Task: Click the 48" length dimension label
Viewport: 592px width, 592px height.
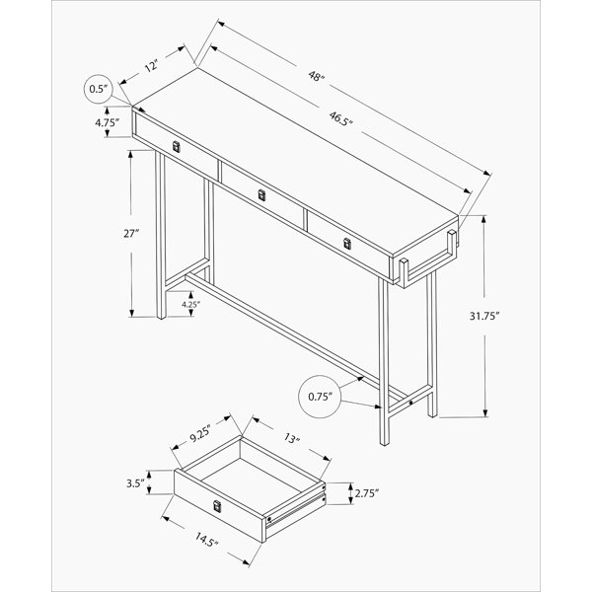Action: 317,77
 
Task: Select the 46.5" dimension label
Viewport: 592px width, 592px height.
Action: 341,118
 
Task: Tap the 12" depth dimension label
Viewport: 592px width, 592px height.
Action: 151,67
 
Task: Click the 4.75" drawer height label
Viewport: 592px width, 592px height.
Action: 107,122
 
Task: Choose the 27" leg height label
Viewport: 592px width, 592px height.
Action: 131,234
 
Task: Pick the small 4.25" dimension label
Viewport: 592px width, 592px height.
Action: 190,304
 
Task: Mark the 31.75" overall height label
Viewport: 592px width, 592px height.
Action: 484,316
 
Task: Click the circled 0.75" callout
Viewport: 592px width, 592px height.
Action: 320,397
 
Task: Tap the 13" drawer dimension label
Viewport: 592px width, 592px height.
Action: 291,439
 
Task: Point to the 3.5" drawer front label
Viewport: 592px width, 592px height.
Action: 135,482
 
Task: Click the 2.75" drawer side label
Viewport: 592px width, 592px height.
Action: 366,493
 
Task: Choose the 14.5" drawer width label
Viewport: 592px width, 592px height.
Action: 206,539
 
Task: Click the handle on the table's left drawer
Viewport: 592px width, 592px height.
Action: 176,147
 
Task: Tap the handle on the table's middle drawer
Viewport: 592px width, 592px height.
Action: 261,195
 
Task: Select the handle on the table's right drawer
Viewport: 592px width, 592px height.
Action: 347,244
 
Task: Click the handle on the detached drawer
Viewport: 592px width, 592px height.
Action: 217,506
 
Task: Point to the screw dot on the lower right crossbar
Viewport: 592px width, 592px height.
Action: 410,404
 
